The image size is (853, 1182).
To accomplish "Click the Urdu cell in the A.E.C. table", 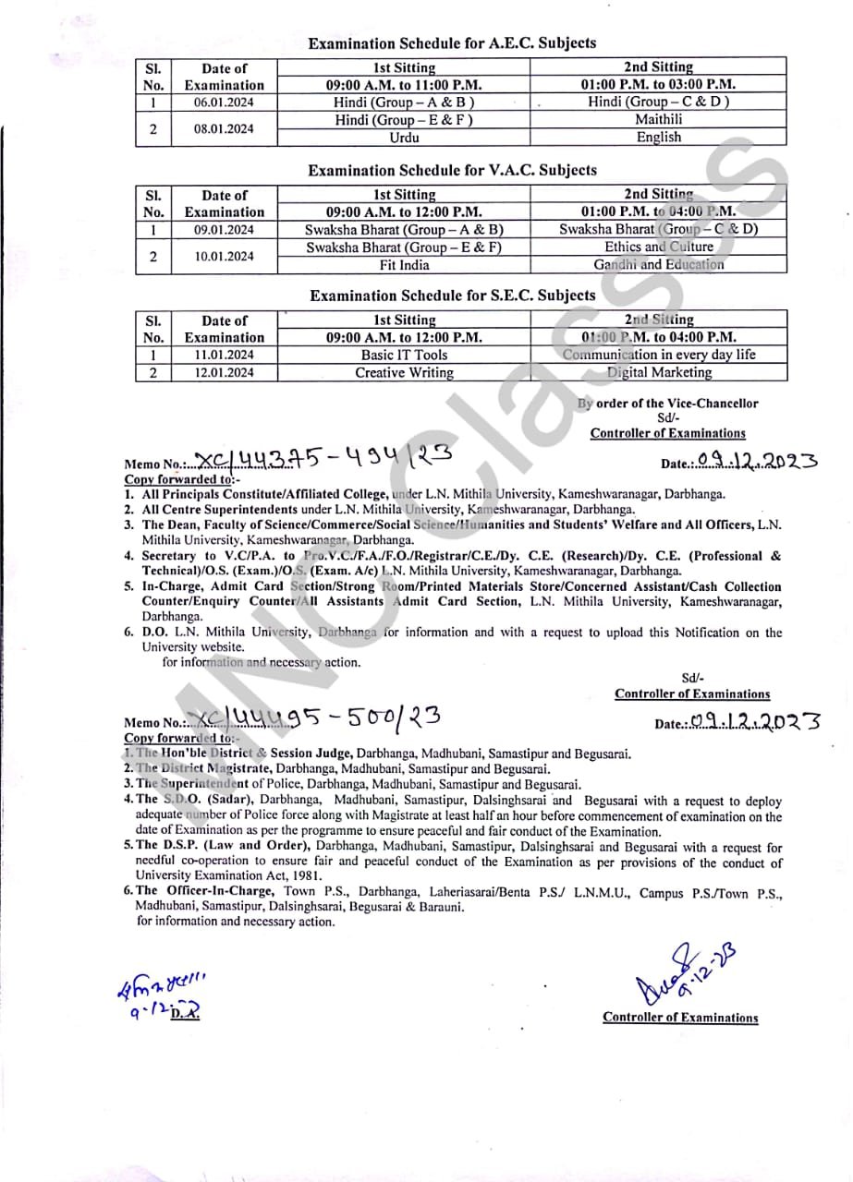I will pos(404,138).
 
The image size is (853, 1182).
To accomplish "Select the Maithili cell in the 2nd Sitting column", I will pos(658,120).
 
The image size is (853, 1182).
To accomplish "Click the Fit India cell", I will pos(404,265).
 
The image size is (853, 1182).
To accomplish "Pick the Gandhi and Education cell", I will pos(659,265).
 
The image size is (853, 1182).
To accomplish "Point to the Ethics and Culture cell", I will pos(659,247).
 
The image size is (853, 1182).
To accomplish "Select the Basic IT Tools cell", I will pos(404,355).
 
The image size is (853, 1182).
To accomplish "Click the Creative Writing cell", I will pos(404,373).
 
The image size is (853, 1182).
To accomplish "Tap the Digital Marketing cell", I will pos(659,373).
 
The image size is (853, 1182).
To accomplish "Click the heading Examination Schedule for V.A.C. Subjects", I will pos(452,171).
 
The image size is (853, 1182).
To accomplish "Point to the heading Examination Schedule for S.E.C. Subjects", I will pos(452,295).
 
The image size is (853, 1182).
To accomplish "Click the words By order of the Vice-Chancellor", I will pos(667,404).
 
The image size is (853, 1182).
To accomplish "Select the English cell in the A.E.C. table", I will pos(658,138).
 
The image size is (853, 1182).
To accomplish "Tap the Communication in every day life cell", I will pos(659,355).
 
